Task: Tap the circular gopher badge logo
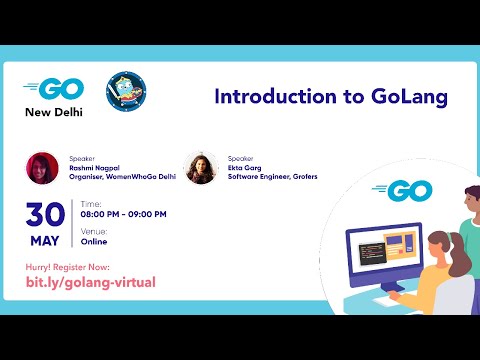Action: coord(127,93)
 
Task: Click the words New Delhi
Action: coord(54,111)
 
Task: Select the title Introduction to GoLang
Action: coord(330,97)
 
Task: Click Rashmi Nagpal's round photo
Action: coord(43,167)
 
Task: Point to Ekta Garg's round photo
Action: coord(201,167)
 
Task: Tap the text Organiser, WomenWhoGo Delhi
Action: coord(119,177)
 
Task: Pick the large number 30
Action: coord(45,214)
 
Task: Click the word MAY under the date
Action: coord(45,240)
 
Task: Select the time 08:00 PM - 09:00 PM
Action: coord(124,214)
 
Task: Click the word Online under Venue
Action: coord(95,241)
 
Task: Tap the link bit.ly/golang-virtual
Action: coord(90,283)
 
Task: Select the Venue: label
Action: coord(95,231)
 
